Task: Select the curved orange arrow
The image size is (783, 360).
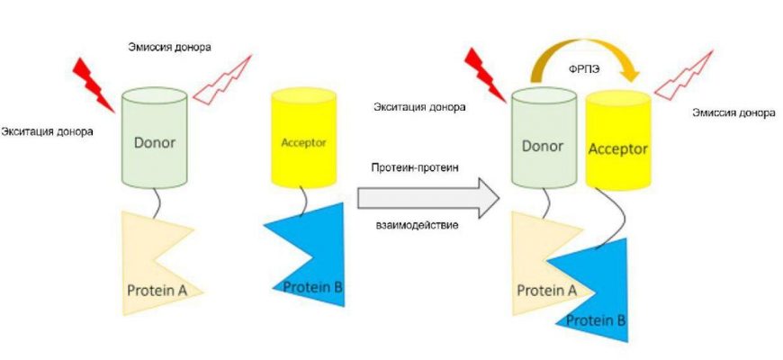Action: pyautogui.click(x=576, y=44)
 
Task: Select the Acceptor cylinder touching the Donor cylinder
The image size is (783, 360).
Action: pyautogui.click(x=617, y=139)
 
